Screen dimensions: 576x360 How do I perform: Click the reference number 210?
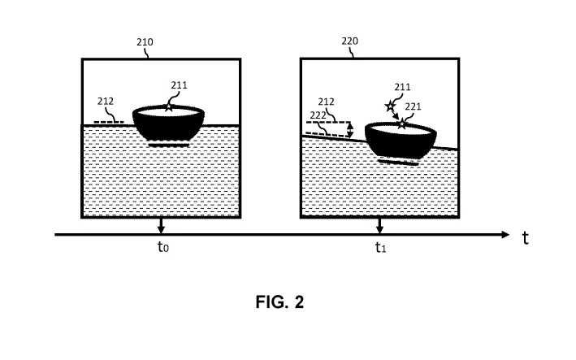tap(145, 42)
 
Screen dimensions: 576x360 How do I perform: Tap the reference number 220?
tap(349, 41)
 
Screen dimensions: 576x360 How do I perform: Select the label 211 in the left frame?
tap(179, 85)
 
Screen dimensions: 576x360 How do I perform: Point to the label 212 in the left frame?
tap(106, 102)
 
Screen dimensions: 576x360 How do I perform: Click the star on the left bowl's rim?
tap(169, 107)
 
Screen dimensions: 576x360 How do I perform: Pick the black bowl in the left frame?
tap(168, 123)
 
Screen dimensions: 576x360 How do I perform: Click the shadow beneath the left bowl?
tap(169, 145)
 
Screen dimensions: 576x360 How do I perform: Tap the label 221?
tap(413, 106)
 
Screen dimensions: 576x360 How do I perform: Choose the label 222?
tap(318, 115)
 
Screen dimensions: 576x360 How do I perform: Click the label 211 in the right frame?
tap(403, 87)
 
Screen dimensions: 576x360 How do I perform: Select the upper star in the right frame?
tap(390, 106)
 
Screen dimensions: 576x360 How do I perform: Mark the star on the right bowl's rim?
tap(402, 124)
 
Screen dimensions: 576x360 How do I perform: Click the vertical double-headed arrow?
tap(351, 130)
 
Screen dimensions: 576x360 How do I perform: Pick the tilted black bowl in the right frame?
tap(401, 141)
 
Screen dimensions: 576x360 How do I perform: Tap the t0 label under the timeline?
tap(163, 247)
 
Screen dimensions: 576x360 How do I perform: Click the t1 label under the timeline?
tap(380, 248)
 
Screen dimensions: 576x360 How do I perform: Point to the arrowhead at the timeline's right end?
tap(506, 234)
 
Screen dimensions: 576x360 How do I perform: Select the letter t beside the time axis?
tap(526, 238)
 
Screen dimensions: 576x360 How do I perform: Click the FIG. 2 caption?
tap(280, 302)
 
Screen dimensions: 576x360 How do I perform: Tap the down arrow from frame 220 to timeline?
tap(380, 226)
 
